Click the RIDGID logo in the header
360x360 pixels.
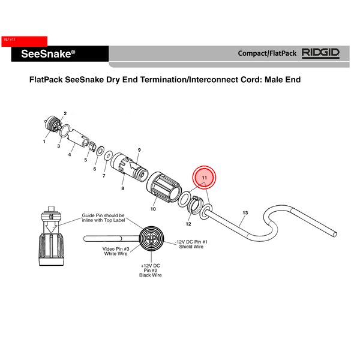pyautogui.click(x=320, y=53)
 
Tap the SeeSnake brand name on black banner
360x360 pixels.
pyautogui.click(x=48, y=54)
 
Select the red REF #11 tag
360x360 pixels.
pyautogui.click(x=25, y=41)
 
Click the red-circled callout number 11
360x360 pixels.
pyautogui.click(x=205, y=178)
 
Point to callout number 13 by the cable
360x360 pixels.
pyautogui.click(x=245, y=213)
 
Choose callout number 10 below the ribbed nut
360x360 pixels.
pyautogui.click(x=153, y=209)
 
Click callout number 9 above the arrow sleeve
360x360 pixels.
pyautogui.click(x=139, y=150)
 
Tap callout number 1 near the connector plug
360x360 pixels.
pyautogui.click(x=44, y=142)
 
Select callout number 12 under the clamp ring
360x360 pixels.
pyautogui.click(x=188, y=224)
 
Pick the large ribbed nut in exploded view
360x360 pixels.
pyautogui.click(x=163, y=187)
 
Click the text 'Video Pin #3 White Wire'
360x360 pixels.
pyautogui.click(x=116, y=251)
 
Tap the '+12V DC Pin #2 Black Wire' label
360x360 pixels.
pyautogui.click(x=151, y=271)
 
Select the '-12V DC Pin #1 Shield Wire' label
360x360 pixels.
pyautogui.click(x=191, y=244)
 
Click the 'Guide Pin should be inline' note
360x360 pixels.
pyautogui.click(x=103, y=218)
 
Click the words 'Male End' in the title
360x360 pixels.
pyautogui.click(x=283, y=80)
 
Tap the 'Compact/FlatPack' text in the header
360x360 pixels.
pyautogui.click(x=267, y=53)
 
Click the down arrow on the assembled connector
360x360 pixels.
pyautogui.click(x=51, y=228)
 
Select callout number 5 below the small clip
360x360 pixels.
pyautogui.click(x=86, y=160)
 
